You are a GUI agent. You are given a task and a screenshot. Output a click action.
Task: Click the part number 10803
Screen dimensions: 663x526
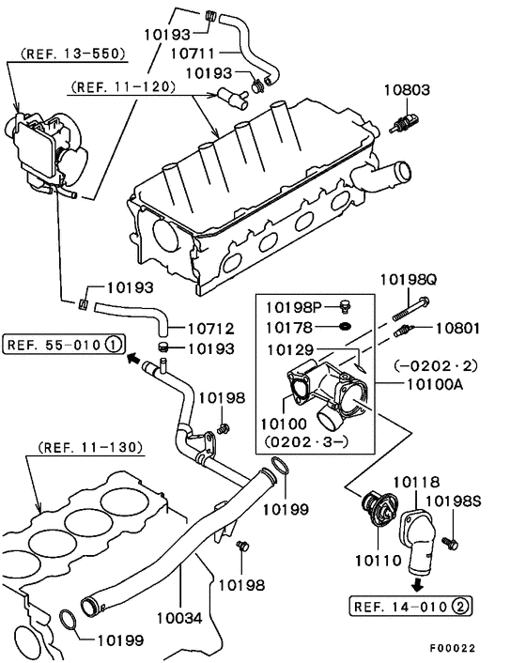pos(406,91)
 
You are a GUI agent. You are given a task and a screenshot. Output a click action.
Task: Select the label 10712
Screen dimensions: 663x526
pos(210,329)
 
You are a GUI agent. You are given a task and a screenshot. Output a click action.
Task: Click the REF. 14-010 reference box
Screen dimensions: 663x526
pos(410,606)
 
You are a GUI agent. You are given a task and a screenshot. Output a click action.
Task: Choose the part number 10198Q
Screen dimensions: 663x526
pos(408,280)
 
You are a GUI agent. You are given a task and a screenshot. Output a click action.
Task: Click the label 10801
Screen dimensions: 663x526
pos(457,328)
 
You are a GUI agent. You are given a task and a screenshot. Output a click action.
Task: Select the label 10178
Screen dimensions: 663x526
pos(292,327)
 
